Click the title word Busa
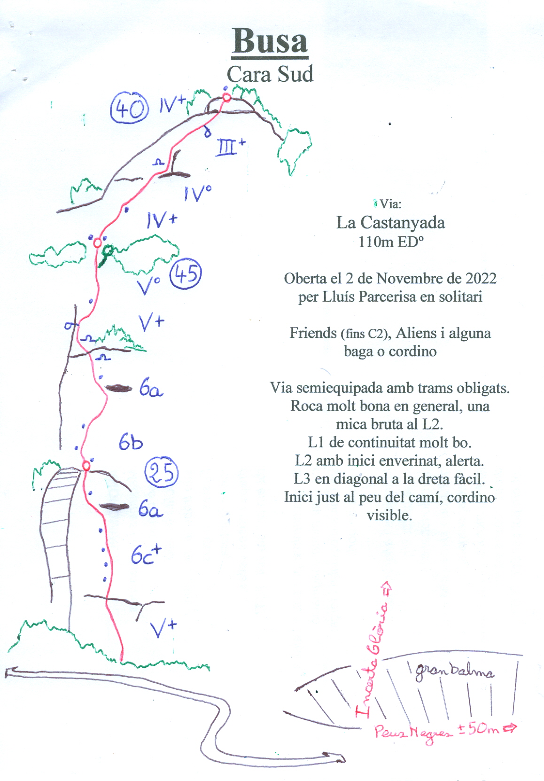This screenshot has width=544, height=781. pos(270,41)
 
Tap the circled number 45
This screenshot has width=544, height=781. pos(185,274)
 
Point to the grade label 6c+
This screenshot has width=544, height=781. pos(146,555)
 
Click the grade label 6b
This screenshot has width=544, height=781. pos(131,442)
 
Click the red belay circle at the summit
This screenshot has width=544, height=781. pos(226,97)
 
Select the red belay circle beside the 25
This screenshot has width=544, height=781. pos(86,465)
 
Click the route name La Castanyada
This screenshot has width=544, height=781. pos(390,222)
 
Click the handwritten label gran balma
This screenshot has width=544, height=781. pos(454,672)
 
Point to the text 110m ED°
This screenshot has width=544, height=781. pos(390,242)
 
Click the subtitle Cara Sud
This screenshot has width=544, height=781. pos(270,74)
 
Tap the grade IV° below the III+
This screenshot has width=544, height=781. pos(197,193)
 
